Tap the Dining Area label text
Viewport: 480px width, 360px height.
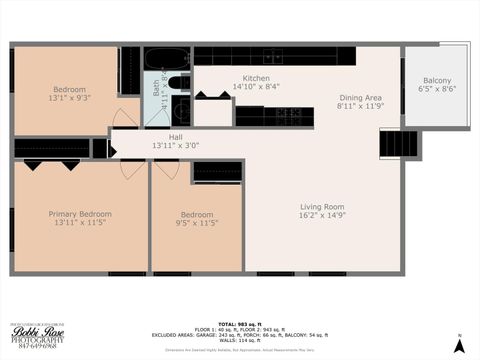(360, 97)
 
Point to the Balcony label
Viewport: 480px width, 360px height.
(437, 81)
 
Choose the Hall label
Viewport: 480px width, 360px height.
(175, 137)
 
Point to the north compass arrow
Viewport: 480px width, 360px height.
(459, 343)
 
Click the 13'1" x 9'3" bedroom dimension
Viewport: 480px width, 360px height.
(67, 98)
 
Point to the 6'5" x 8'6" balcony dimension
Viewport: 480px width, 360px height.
(437, 90)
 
